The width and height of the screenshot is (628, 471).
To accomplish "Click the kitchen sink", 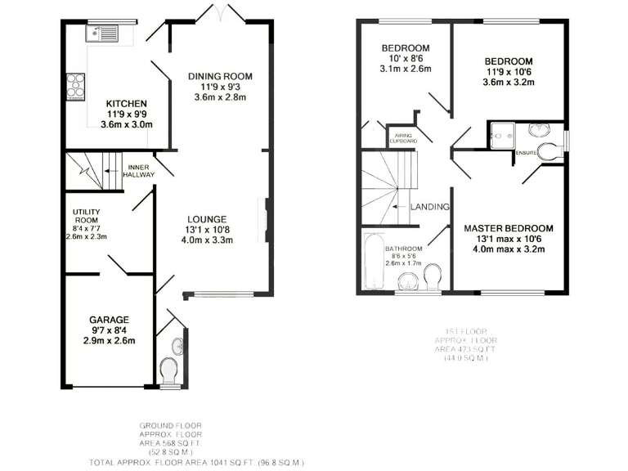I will (x=104, y=33).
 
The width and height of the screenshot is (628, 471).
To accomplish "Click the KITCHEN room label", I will (x=126, y=104).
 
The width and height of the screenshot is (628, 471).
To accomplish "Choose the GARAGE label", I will (x=108, y=320).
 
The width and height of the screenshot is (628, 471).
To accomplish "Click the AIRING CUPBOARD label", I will (x=405, y=139).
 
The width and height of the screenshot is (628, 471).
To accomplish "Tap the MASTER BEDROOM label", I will (x=509, y=228).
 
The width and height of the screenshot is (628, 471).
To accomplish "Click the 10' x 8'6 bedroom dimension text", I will (x=406, y=59).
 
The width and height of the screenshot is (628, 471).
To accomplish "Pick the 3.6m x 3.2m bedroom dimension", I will (x=508, y=83).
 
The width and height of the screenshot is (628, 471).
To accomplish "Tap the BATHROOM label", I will (x=405, y=249).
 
